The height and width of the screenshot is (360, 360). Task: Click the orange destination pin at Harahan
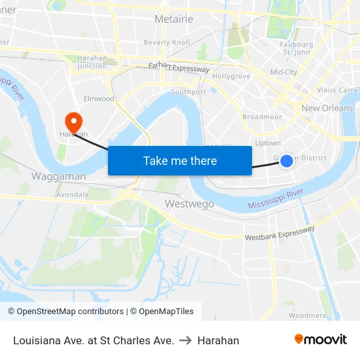point(73,120)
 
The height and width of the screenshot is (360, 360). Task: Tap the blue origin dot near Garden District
point(287,160)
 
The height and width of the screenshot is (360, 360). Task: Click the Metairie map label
point(173,19)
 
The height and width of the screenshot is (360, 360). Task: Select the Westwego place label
point(189,204)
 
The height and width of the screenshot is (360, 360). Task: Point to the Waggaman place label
point(58,177)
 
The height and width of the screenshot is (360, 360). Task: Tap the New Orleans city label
point(327,108)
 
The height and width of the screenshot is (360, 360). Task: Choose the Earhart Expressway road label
point(179,67)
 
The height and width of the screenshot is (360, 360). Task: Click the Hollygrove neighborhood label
point(231,77)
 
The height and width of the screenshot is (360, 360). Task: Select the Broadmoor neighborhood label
point(262,117)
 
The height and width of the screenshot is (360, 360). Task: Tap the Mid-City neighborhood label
point(283,72)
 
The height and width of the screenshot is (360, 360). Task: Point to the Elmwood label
point(99,99)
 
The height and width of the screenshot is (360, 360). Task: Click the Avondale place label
point(72,194)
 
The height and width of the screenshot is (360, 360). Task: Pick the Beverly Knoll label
point(167,43)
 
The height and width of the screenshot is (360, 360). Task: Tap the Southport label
point(189,92)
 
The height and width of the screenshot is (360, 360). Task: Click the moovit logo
point(320,340)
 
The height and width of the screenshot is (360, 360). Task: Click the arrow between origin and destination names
point(185,340)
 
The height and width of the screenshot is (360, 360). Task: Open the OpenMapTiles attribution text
point(162,312)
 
